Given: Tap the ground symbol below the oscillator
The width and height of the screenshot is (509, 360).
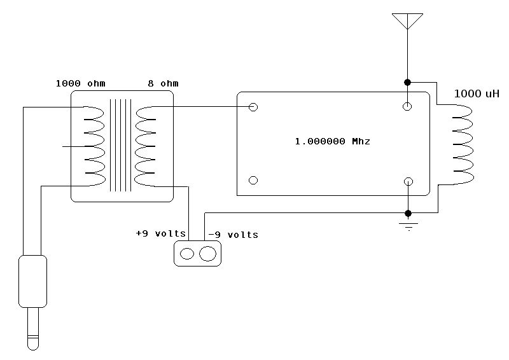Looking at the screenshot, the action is click(408, 226).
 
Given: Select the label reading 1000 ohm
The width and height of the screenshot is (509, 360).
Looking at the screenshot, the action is click(81, 83).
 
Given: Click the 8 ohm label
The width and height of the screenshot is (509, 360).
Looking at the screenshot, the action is click(163, 83).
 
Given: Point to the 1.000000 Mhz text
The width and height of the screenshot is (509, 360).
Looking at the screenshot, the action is click(332, 141).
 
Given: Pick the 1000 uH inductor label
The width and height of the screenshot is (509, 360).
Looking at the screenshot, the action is click(477, 93).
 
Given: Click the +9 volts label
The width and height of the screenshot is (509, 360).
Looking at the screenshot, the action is click(161, 233).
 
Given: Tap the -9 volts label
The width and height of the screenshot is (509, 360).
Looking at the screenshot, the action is click(233, 234).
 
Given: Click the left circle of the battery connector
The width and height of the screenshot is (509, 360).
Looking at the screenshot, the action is click(187, 254).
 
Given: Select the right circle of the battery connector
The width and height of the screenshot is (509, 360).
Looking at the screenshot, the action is click(208, 254).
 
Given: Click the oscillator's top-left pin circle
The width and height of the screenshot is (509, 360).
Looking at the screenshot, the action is click(253, 107).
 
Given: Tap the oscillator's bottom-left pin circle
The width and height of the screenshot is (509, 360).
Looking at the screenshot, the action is click(253, 180).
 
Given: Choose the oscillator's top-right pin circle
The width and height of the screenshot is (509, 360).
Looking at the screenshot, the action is click(407, 106).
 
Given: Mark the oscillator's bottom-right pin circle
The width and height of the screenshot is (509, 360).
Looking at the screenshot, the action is click(408, 181).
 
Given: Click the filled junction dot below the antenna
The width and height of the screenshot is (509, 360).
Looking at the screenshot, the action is click(407, 83).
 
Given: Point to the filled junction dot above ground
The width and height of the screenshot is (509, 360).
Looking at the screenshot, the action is click(408, 213).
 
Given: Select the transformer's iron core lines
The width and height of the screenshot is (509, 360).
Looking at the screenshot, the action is click(120, 145).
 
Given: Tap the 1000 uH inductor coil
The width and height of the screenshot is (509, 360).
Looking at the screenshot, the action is click(463, 144).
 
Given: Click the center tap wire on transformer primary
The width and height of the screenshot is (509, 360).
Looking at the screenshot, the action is click(74, 146).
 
